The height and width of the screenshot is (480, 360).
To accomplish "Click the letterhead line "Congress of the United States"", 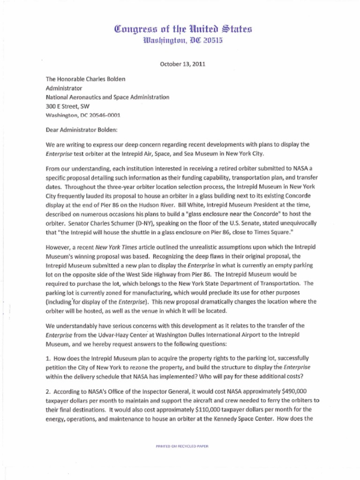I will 180,29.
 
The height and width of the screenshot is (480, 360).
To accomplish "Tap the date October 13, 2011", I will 180,64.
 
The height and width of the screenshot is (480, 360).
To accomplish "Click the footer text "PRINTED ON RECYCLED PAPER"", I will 182,446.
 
